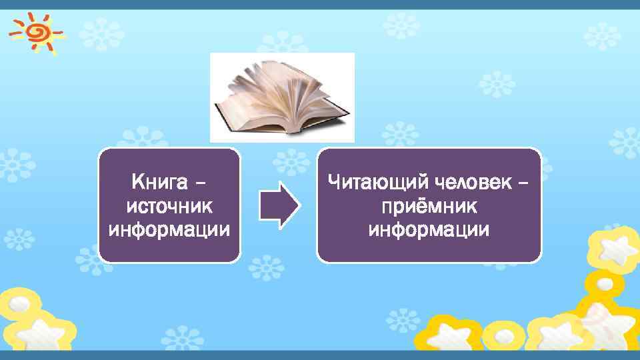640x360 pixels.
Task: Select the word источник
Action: coord(169,205)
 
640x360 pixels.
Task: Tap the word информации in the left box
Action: coord(169,230)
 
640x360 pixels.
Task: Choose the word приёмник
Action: coord(429,205)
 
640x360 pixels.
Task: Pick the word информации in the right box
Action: coord(429,230)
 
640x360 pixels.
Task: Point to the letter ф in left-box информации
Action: coord(138,231)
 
